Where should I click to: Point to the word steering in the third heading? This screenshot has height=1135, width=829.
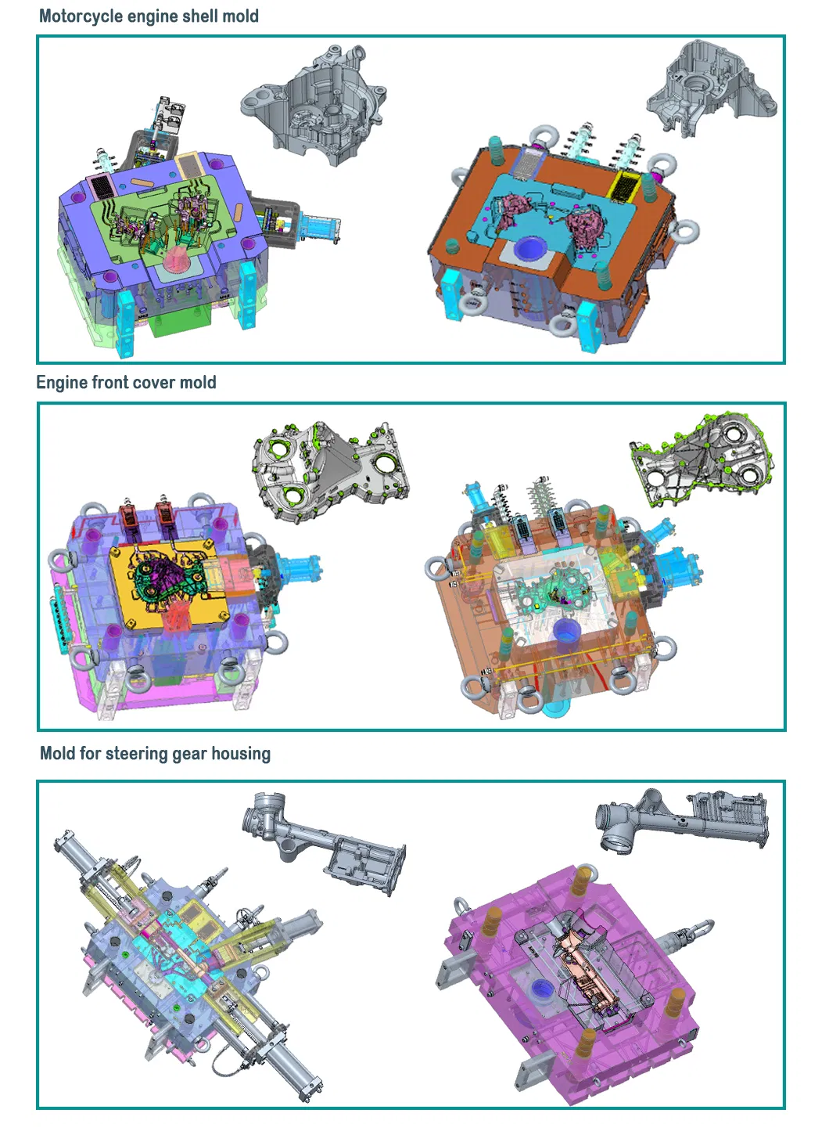tap(137, 754)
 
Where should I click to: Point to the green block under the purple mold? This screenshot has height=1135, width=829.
tap(177, 322)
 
